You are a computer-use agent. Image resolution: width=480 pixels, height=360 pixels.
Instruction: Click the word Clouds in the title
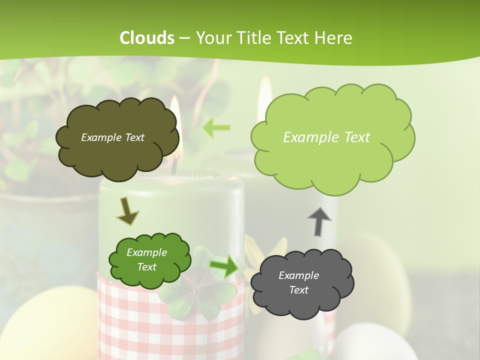point(147,38)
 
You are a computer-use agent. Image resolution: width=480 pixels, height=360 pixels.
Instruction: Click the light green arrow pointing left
point(216,128)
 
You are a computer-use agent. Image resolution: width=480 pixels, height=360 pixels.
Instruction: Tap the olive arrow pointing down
point(127,211)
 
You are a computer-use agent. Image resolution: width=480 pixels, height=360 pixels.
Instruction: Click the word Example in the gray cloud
point(298,275)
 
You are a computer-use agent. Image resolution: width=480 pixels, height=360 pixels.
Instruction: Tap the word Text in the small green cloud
point(147,267)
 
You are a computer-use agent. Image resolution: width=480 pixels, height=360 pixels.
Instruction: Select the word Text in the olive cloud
point(134,137)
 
